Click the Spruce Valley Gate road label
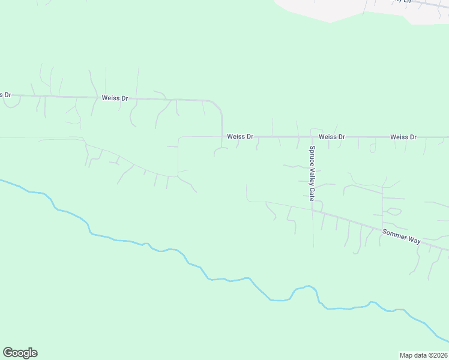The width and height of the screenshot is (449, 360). pos(312,173)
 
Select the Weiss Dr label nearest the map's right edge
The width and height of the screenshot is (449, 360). pos(403,137)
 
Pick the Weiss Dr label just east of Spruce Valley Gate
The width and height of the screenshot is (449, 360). pos(332,137)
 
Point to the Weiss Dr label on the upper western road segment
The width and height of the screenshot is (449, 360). pos(115,98)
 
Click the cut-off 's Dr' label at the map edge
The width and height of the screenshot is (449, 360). pos(5,95)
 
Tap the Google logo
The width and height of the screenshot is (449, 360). pos(20,353)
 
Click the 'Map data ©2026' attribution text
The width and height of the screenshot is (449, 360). pos(423,355)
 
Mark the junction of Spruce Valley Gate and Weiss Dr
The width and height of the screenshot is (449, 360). pos(312,137)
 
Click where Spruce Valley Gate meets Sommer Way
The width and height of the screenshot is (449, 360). pos(312,210)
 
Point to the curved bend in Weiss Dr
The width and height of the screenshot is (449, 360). pos(220,108)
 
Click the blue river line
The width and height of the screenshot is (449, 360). pos(180,253)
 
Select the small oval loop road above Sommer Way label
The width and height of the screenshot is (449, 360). pos(393,211)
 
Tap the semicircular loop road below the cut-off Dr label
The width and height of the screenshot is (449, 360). pos(11,103)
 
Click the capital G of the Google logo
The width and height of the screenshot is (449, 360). pos(8,353)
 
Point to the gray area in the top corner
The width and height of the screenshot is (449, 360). pos(360,9)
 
